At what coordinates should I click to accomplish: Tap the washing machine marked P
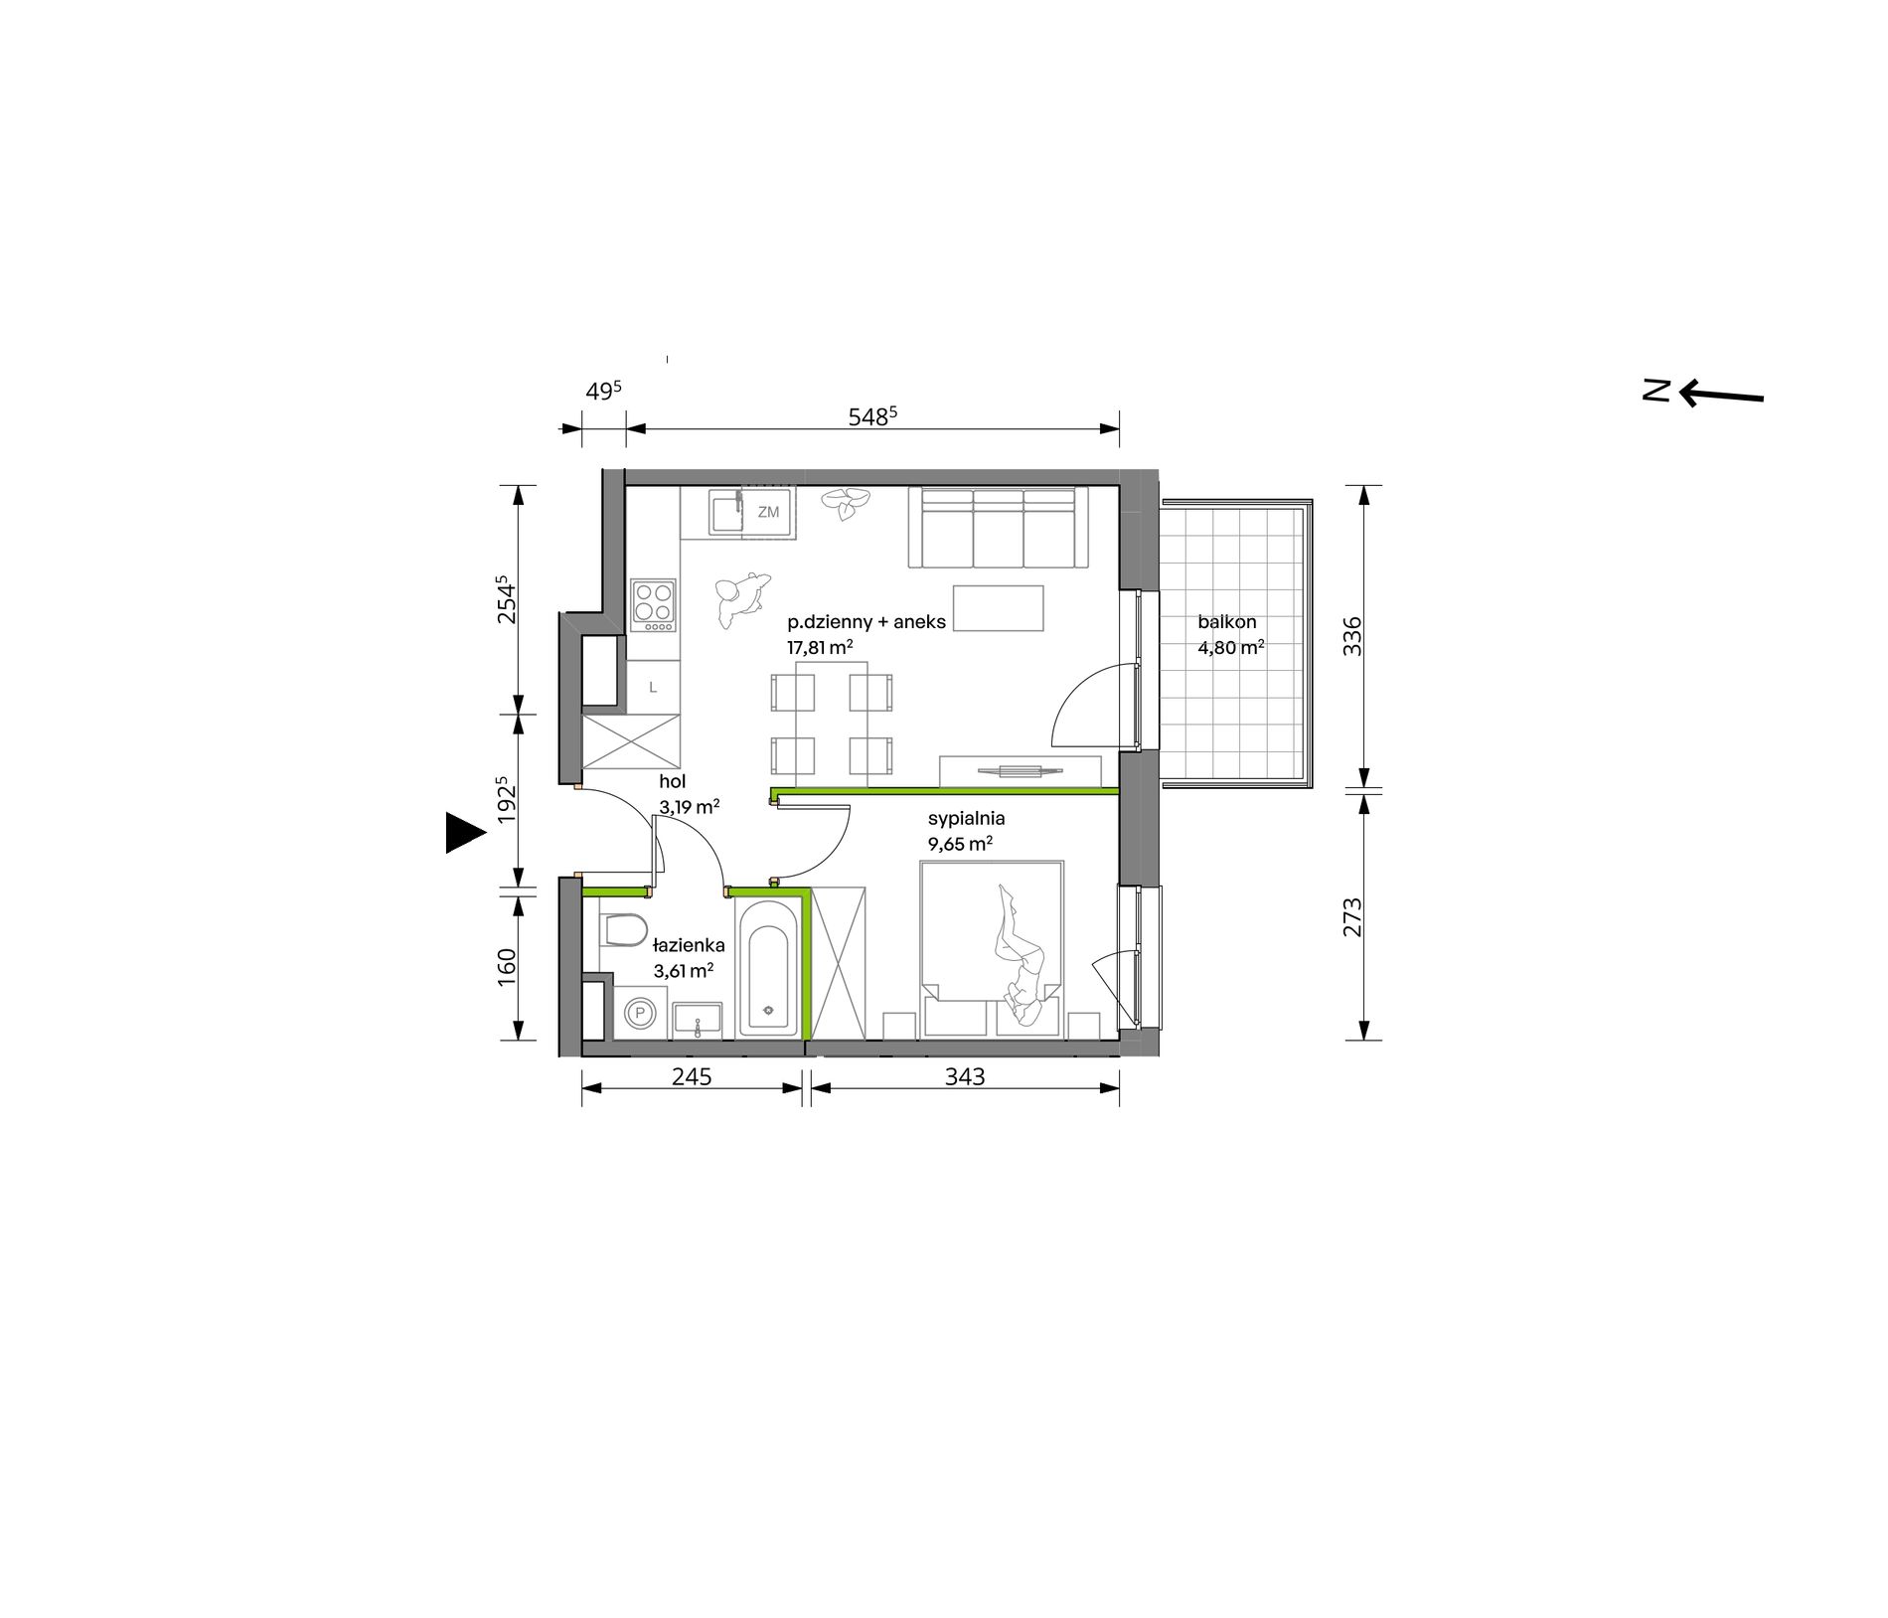point(641,1014)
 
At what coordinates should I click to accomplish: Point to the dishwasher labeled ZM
point(768,513)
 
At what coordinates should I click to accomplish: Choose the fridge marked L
point(653,687)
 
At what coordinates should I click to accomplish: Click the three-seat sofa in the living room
point(999,528)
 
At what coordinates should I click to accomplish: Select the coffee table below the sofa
point(998,608)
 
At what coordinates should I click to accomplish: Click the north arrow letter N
point(1655,391)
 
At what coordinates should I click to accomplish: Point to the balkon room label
point(1226,622)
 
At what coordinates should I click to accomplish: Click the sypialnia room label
point(966,819)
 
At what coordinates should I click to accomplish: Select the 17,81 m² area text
point(820,648)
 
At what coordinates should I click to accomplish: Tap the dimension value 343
point(965,1076)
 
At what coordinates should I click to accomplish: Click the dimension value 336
point(1353,636)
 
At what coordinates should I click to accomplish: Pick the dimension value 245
point(692,1076)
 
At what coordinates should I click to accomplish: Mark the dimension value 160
point(506,967)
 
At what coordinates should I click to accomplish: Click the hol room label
point(672,782)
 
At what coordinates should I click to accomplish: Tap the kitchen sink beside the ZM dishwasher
point(725,513)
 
